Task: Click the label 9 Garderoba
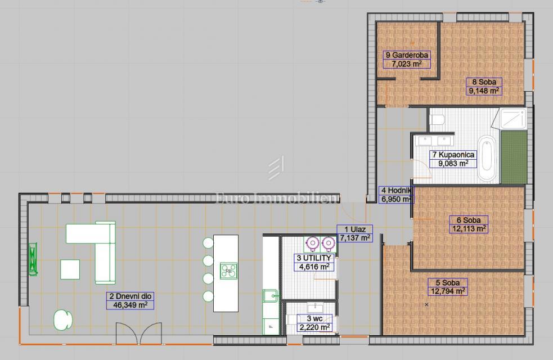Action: tap(407, 55)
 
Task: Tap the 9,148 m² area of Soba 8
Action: tap(484, 91)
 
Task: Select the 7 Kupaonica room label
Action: tap(453, 155)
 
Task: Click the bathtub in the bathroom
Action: tap(487, 159)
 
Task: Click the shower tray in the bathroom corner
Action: tap(513, 119)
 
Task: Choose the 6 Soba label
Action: tap(469, 220)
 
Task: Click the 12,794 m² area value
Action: tap(447, 291)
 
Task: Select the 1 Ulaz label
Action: tap(355, 229)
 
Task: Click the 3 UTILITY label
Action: tap(314, 258)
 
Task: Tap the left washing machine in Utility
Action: tap(312, 243)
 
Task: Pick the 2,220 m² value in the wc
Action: tap(314, 327)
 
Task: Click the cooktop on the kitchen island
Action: tap(228, 271)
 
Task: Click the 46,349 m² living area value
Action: tap(130, 305)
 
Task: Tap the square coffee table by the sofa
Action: tap(70, 269)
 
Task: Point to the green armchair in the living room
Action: tap(63, 320)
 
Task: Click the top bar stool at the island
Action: tap(208, 243)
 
